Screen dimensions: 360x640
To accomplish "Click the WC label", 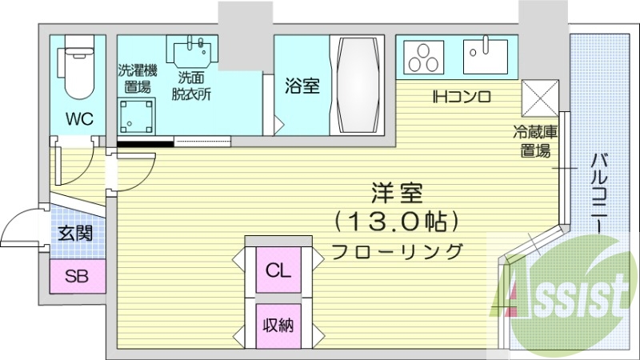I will pos(79,119).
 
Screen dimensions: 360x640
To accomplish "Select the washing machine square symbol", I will pos(137,117).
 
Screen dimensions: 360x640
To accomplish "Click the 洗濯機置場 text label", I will pos(138,78).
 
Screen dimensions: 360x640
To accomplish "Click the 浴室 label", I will pos(302,86).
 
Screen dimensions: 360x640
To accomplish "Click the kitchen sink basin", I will pos(485,55).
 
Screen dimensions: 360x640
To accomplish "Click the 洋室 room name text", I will pos(394,192).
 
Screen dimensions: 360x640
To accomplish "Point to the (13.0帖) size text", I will pos(395,218).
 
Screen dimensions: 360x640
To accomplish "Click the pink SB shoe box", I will pos(77,277).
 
